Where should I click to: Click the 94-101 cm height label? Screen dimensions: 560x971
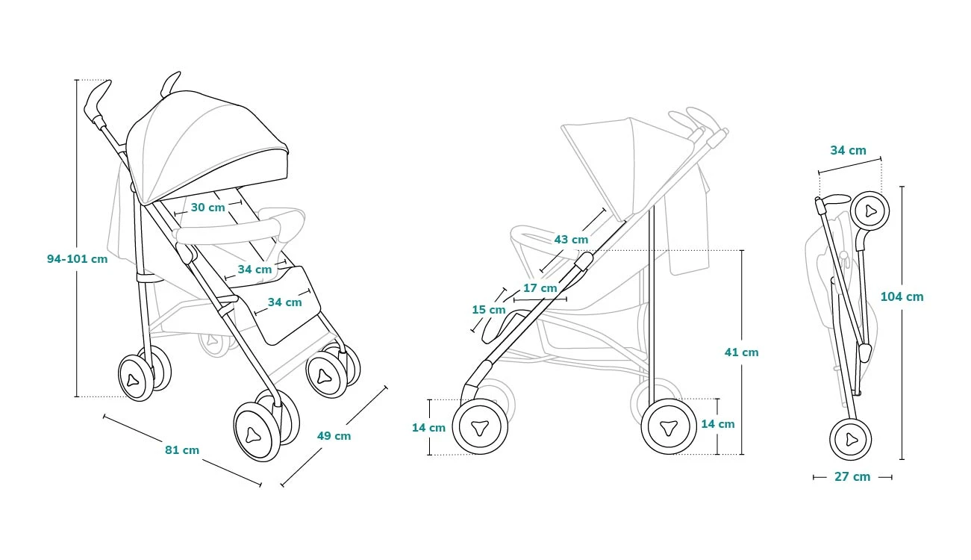pyautogui.click(x=77, y=259)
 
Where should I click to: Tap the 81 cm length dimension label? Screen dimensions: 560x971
pyautogui.click(x=182, y=450)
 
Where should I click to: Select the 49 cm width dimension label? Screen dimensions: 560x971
pyautogui.click(x=334, y=436)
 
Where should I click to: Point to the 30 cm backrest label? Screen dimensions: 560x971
pyautogui.click(x=207, y=208)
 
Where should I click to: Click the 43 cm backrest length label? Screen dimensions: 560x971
pyautogui.click(x=571, y=240)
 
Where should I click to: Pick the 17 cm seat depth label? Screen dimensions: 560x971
pyautogui.click(x=540, y=288)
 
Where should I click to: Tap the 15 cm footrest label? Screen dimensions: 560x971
pyautogui.click(x=488, y=309)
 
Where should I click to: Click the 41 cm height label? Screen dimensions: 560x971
pyautogui.click(x=741, y=352)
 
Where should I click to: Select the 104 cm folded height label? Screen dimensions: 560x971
pyautogui.click(x=902, y=296)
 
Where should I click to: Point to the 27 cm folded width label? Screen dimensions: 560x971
pyautogui.click(x=852, y=476)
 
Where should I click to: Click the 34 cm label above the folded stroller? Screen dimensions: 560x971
pyautogui.click(x=848, y=150)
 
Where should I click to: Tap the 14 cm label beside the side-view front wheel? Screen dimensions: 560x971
pyautogui.click(x=428, y=428)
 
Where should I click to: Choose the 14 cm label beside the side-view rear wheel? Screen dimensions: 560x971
pyautogui.click(x=717, y=424)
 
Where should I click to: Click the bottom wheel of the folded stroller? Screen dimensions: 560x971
pyautogui.click(x=851, y=439)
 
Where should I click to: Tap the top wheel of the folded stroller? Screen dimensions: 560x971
pyautogui.click(x=869, y=211)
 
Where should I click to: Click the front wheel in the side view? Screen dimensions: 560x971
pyautogui.click(x=480, y=427)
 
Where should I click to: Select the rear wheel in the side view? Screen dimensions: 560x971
pyautogui.click(x=668, y=426)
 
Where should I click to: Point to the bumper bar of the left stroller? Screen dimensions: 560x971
pyautogui.click(x=239, y=228)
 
